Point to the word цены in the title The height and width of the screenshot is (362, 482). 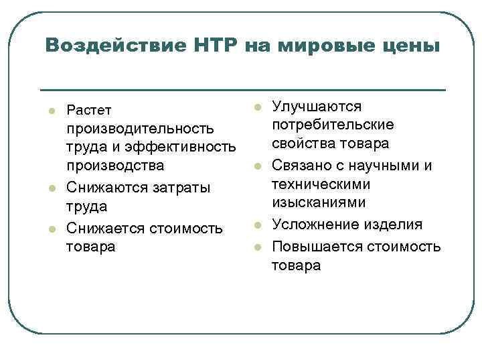coord(411,46)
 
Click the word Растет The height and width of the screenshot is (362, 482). coord(90,109)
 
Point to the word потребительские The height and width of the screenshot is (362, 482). coord(333,125)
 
